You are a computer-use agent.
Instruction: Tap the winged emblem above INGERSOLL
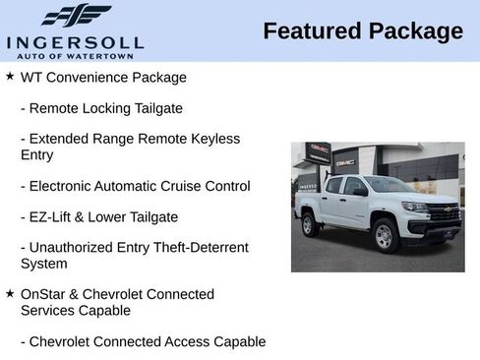(76, 16)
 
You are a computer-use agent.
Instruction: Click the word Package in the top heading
(415, 31)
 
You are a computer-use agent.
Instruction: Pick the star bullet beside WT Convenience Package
(10, 76)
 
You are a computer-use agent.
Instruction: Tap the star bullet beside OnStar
(10, 293)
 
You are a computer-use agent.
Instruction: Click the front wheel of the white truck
(385, 236)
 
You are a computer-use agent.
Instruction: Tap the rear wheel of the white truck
(311, 224)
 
